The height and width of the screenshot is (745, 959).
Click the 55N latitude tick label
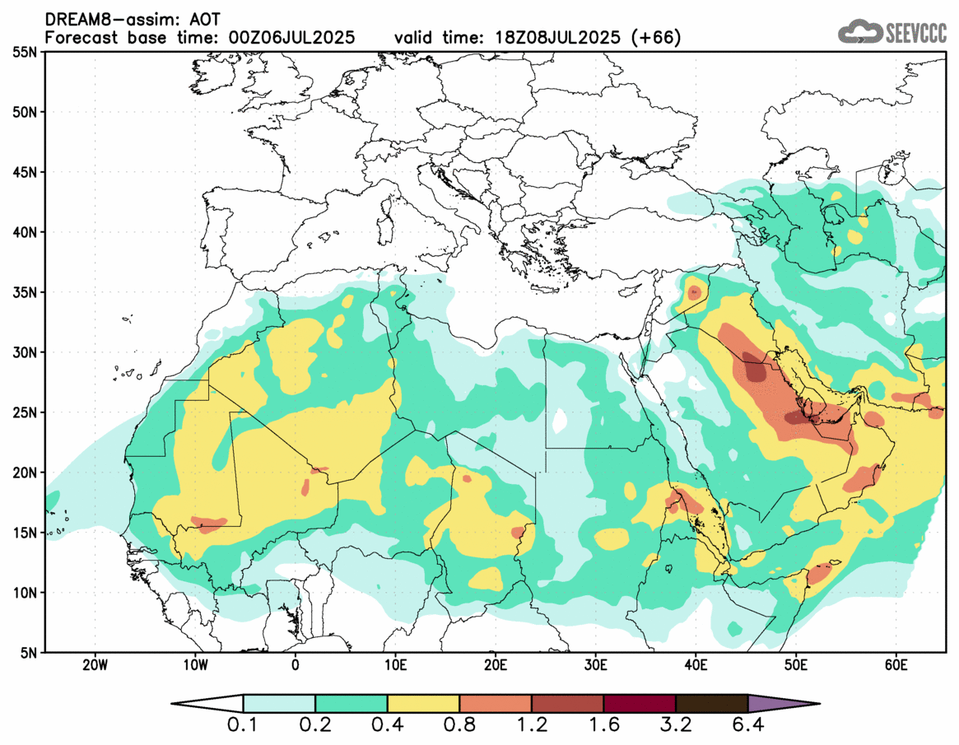26,52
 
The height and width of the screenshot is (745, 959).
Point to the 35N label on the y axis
26,292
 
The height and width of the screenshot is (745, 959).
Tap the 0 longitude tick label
296,665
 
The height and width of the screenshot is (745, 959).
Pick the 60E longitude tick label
896,665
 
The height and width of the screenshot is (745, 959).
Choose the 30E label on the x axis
596,665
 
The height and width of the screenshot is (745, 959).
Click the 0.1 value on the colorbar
244,726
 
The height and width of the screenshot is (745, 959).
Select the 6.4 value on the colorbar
747,726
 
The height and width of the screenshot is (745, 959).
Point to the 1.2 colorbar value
532,726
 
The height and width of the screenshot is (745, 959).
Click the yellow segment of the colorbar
423,704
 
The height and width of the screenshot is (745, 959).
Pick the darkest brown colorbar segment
711,704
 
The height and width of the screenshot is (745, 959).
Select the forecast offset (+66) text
655,38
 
